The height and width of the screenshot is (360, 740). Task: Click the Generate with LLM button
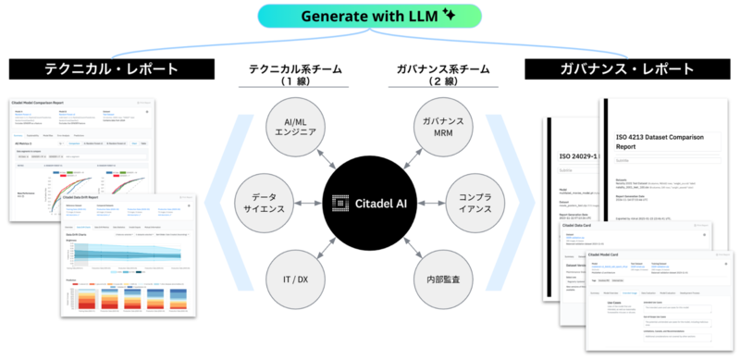369,16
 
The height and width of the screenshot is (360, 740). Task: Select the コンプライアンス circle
478,202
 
